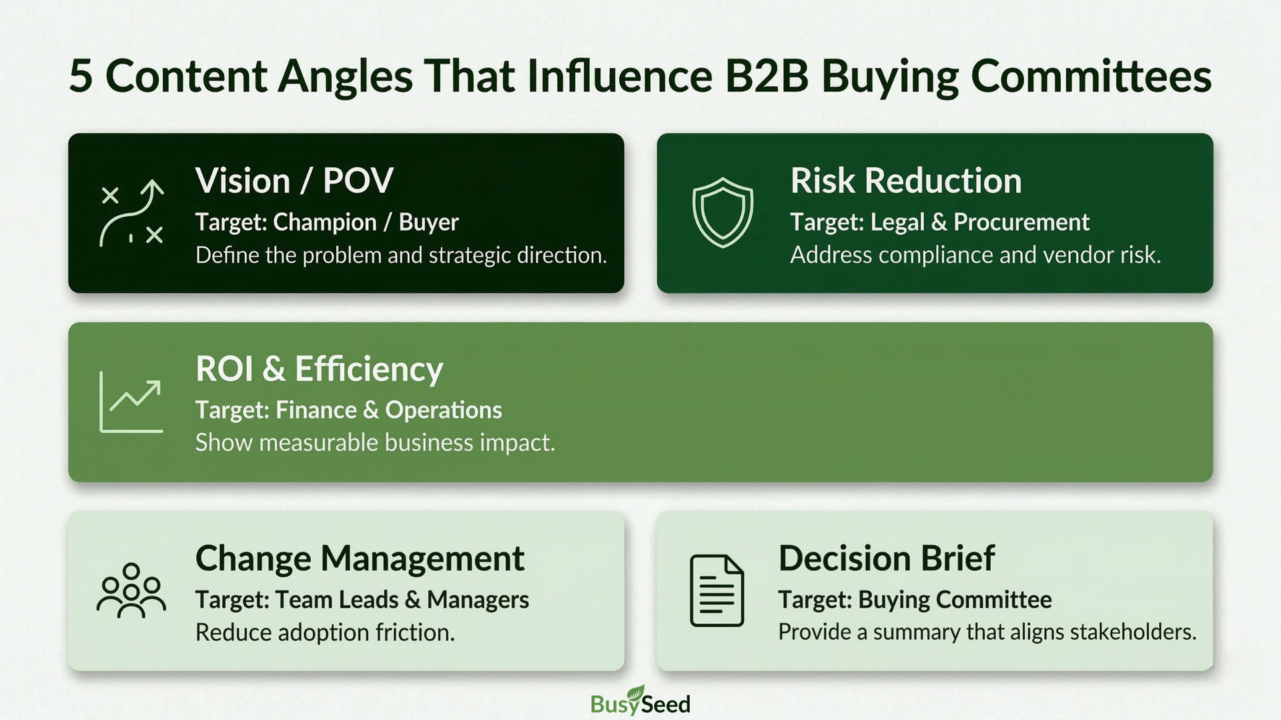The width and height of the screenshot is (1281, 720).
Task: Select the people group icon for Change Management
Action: click(131, 591)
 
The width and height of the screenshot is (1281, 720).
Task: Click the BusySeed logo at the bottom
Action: click(640, 701)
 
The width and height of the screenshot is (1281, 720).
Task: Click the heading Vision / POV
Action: click(294, 181)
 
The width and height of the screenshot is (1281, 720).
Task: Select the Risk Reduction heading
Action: click(906, 181)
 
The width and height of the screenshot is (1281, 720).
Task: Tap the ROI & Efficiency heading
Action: click(319, 369)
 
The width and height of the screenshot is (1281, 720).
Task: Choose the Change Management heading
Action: click(360, 558)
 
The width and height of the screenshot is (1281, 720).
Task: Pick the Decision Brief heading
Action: click(887, 558)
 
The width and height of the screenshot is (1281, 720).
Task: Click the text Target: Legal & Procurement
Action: click(939, 222)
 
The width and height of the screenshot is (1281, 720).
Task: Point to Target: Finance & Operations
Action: click(348, 410)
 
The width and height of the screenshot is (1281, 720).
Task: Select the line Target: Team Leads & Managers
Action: click(362, 600)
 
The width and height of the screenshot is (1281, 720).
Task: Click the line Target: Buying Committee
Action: click(915, 600)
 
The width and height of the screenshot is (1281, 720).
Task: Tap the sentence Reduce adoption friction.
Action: click(325, 632)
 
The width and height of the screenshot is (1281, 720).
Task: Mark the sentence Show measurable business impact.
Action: click(375, 443)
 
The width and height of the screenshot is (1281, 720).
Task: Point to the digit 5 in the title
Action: click(80, 75)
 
